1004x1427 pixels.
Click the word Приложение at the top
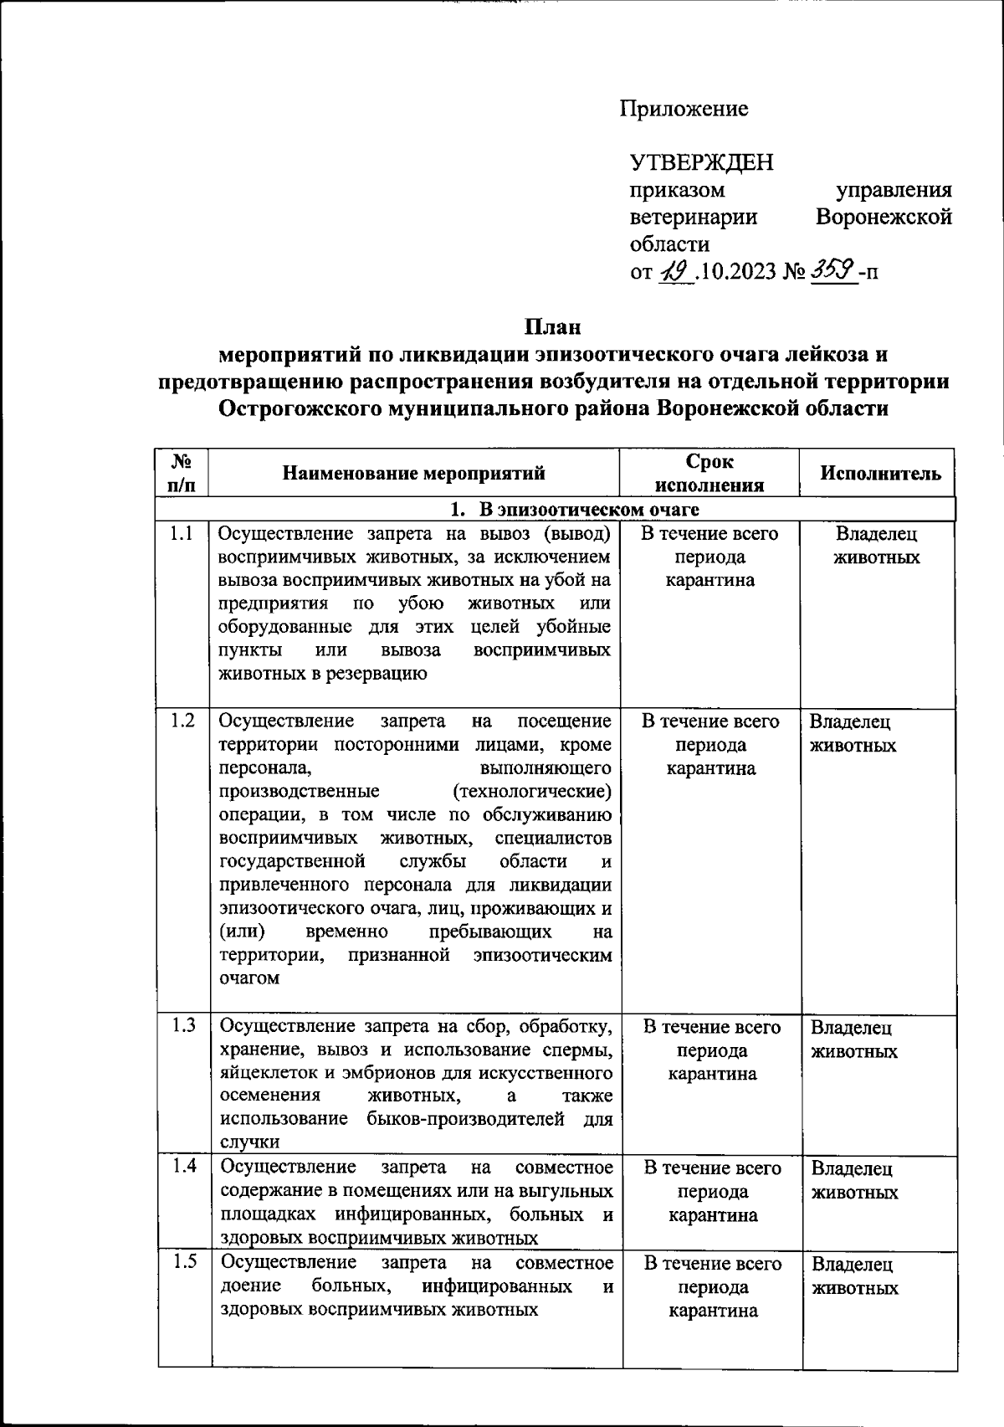coord(684,109)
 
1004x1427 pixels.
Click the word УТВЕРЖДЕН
coord(701,162)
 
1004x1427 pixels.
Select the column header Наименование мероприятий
coord(414,474)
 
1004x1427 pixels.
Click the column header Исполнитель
coord(880,474)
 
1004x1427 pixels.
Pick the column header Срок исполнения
coord(709,474)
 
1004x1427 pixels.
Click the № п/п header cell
coord(182,474)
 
